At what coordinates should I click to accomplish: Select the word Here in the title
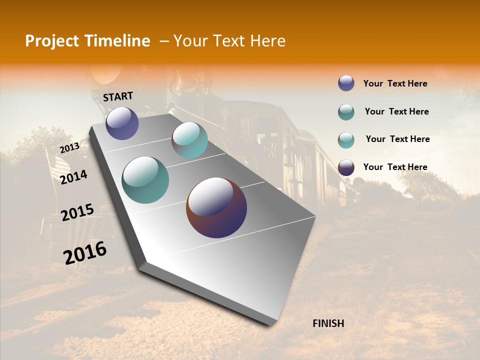point(267,41)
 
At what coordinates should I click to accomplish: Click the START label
point(118,96)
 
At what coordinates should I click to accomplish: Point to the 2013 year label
point(69,148)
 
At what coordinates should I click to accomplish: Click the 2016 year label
point(85,252)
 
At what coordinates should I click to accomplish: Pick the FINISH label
point(328,323)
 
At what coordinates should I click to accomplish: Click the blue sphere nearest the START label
point(122,123)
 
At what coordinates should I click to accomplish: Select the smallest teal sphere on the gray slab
point(189,140)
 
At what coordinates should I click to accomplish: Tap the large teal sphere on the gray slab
point(145,180)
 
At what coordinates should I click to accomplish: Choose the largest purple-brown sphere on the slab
point(216,207)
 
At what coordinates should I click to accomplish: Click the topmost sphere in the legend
point(346,83)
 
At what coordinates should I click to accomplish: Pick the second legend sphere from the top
point(346,112)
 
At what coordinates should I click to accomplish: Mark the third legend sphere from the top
point(346,140)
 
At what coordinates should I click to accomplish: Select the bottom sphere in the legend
point(346,167)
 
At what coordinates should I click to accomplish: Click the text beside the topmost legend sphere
point(395,83)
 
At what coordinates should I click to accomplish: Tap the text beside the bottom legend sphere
point(395,167)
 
